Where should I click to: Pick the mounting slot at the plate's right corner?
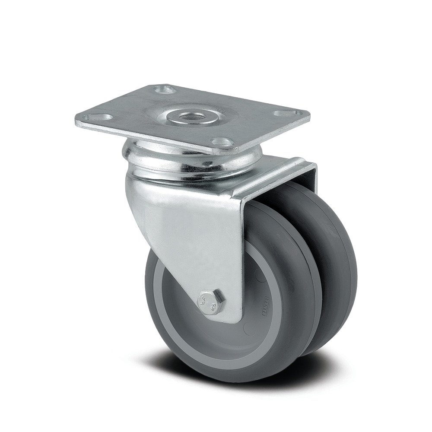click(282, 113)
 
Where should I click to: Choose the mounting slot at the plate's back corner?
click(165, 89)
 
